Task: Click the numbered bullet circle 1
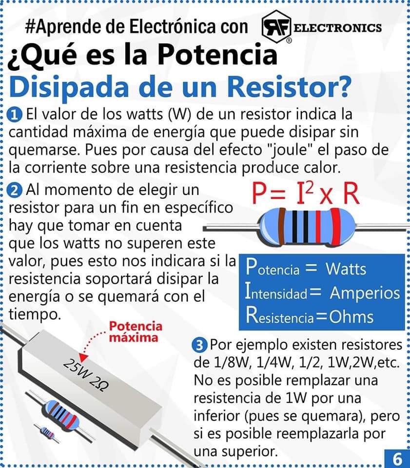pyautogui.click(x=16, y=115)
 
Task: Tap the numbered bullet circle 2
pyautogui.click(x=16, y=189)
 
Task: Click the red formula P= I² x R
pyautogui.click(x=306, y=194)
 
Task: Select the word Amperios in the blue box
pyautogui.click(x=365, y=293)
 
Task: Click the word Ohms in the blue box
pyautogui.click(x=351, y=317)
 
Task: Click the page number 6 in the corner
pyautogui.click(x=397, y=459)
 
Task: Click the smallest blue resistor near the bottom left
pyautogui.click(x=47, y=432)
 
